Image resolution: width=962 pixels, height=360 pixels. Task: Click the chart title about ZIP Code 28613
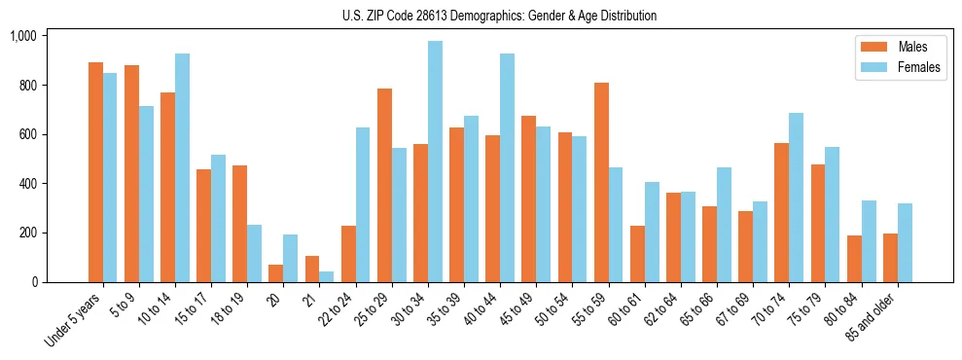tap(499, 16)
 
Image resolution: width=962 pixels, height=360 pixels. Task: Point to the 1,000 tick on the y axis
tap(22, 36)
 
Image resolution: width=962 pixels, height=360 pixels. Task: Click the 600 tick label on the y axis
tap(26, 134)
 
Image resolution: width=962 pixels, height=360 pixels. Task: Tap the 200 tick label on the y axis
tap(26, 233)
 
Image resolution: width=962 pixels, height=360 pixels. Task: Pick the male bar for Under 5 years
tap(95, 172)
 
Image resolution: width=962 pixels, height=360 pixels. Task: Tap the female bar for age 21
tap(327, 276)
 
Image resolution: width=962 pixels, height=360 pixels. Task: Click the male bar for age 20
tap(276, 273)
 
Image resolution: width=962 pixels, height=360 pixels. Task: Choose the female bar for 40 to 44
tap(507, 167)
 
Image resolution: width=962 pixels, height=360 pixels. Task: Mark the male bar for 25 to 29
tap(384, 185)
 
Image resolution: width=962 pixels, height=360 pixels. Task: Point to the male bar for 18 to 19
tap(239, 224)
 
